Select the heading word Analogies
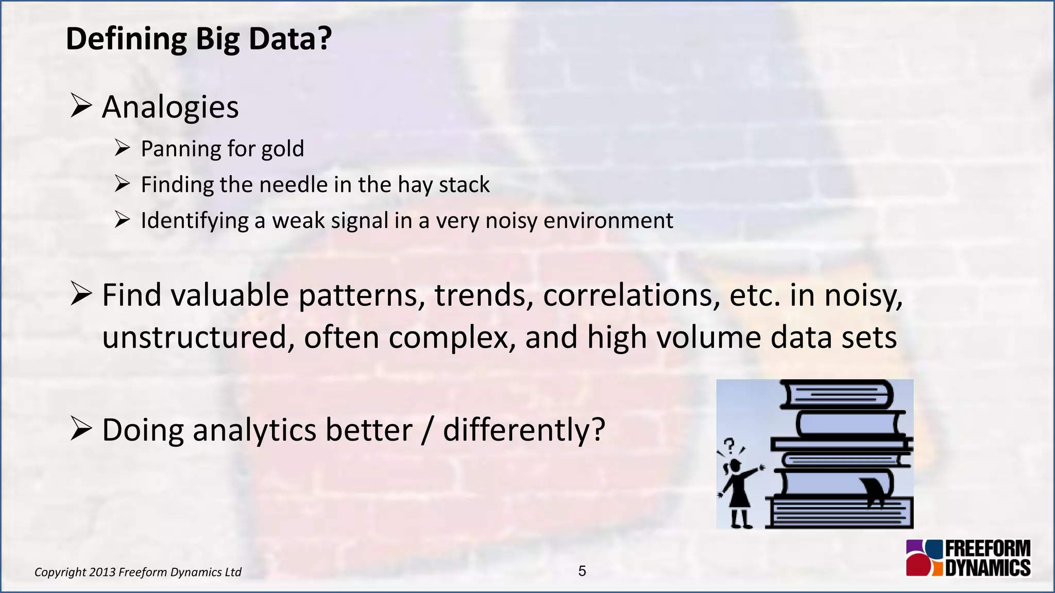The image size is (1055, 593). click(170, 107)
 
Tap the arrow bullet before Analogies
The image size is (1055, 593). click(81, 106)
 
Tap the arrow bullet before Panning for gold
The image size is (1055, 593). click(122, 149)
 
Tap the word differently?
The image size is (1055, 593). click(523, 430)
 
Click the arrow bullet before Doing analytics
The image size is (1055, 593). click(81, 429)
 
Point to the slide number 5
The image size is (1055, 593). click(582, 571)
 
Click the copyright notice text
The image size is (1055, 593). click(138, 572)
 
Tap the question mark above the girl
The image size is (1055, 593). click(729, 445)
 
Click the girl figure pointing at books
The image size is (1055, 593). click(738, 492)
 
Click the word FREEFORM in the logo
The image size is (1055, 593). click(988, 549)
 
